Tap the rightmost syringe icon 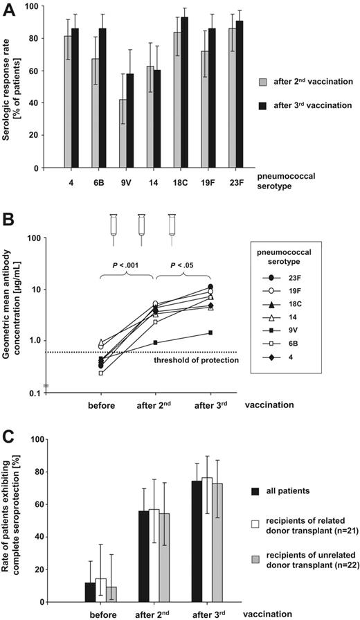(x=172, y=224)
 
